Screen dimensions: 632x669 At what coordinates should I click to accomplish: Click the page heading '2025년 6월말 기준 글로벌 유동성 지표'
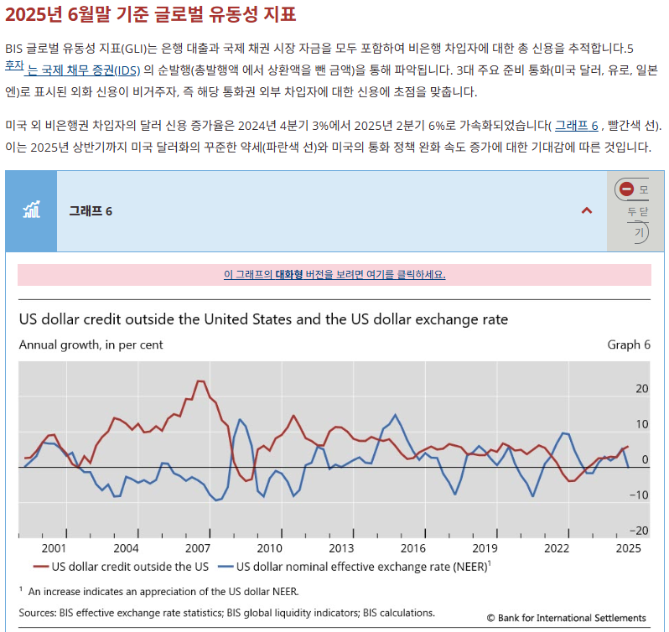click(150, 15)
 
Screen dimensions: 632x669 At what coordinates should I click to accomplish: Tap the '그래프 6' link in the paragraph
click(576, 126)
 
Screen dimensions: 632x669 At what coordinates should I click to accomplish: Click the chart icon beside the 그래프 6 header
click(31, 210)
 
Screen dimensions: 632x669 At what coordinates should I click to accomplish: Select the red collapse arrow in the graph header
click(587, 210)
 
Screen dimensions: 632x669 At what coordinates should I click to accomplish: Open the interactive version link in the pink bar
click(334, 275)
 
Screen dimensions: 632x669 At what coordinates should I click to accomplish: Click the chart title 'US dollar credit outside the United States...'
click(263, 319)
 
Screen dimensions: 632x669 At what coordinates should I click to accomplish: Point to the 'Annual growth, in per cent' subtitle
click(91, 344)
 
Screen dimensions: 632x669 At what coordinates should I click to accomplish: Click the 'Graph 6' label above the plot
click(629, 344)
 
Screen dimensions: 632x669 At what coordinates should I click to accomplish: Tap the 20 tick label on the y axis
click(642, 388)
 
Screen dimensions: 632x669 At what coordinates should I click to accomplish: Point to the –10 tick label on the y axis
click(640, 495)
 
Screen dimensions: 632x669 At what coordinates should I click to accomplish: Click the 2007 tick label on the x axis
click(198, 548)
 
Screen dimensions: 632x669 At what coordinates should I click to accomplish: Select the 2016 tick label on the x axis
click(413, 548)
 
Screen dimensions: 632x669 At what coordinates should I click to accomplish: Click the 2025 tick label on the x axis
click(628, 548)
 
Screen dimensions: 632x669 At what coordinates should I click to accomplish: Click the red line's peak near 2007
click(200, 381)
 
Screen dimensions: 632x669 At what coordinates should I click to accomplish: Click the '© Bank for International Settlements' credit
click(566, 618)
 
